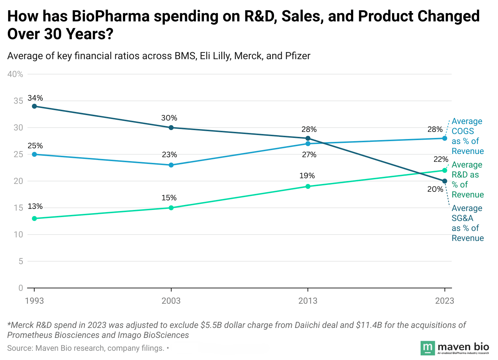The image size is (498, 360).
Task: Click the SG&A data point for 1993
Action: pos(34,106)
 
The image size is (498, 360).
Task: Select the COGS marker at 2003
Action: pos(171,165)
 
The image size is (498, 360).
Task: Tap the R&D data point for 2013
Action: pos(308,186)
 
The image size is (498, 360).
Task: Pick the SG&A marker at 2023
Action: pos(444,181)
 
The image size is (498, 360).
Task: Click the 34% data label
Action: pos(35,98)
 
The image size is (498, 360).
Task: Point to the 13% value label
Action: pos(35,206)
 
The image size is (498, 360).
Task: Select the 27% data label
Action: pos(309,155)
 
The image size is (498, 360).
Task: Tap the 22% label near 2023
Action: pos(441,159)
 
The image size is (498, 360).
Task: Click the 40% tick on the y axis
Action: pos(15,74)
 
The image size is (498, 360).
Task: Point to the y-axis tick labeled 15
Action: pos(18,208)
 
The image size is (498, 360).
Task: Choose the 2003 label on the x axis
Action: pos(171,301)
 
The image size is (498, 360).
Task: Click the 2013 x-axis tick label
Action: pos(308,301)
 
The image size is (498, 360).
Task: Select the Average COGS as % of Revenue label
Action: pos(467,136)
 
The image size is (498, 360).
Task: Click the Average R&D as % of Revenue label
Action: pos(467,180)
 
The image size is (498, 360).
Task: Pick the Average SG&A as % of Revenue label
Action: pos(467,223)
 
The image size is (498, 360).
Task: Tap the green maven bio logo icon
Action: pos(428,348)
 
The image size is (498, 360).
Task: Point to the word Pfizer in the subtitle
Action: pos(298,56)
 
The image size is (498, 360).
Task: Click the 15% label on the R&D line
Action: pos(169,198)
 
